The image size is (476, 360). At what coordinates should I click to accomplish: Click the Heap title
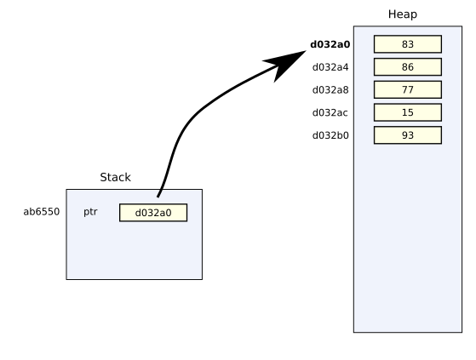click(x=403, y=14)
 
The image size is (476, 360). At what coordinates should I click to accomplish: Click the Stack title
click(x=115, y=177)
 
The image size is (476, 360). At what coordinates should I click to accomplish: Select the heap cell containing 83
click(x=408, y=44)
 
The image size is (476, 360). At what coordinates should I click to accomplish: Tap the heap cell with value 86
click(x=408, y=66)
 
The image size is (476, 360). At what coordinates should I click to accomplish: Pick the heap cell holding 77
click(x=408, y=89)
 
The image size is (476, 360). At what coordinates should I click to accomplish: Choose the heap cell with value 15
click(x=408, y=112)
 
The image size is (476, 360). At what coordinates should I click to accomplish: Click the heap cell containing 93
click(x=408, y=135)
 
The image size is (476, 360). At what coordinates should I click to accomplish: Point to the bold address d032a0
click(x=330, y=44)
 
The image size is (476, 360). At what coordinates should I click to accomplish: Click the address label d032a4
click(x=330, y=67)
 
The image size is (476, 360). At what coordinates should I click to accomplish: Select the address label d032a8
click(x=330, y=90)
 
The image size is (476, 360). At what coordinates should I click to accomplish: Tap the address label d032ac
click(x=330, y=113)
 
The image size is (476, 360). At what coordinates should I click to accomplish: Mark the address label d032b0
click(x=330, y=135)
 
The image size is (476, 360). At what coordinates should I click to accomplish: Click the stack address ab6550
click(x=42, y=212)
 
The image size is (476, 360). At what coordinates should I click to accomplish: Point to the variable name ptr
click(x=90, y=212)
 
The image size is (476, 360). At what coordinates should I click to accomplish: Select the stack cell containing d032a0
click(x=153, y=213)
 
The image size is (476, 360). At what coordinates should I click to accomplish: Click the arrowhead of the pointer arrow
click(x=306, y=51)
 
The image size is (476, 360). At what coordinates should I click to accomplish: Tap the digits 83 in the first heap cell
click(x=408, y=44)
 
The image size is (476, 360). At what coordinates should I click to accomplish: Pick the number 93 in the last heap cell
click(x=408, y=135)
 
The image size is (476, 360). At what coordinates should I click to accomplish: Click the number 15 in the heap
click(x=408, y=112)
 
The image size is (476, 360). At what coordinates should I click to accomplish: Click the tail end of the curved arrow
click(x=158, y=197)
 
